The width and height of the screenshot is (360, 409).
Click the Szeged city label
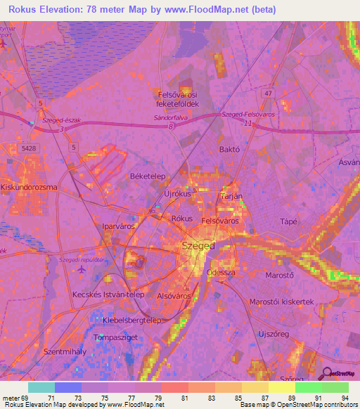point(199,246)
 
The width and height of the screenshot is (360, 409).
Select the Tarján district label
point(231,197)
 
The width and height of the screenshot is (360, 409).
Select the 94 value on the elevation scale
point(344,398)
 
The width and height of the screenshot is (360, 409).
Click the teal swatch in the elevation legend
point(41,387)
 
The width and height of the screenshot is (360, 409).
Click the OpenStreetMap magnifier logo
point(327,373)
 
